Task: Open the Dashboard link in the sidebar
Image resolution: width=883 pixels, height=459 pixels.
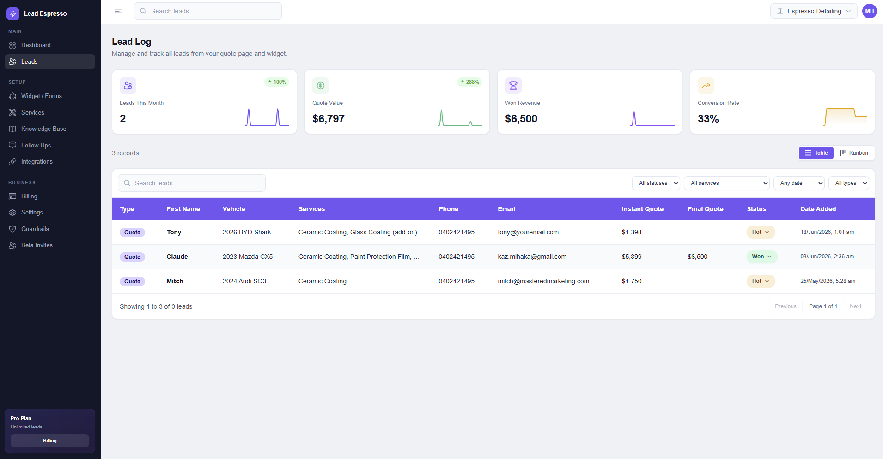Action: pos(36,45)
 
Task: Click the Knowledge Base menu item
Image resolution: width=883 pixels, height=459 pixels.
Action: pos(43,129)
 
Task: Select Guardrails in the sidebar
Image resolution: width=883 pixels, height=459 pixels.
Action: pos(35,229)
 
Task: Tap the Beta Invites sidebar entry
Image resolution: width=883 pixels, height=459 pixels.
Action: pos(37,245)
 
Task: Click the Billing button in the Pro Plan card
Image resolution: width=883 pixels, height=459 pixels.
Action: pos(50,441)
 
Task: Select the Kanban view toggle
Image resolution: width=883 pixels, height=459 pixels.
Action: pos(854,153)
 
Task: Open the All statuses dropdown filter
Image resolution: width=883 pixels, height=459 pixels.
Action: pos(656,183)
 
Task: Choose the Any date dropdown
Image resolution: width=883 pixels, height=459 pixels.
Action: pos(799,183)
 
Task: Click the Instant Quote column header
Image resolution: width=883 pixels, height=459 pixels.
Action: pos(642,209)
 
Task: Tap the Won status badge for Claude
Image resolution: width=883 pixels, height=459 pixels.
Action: pos(761,257)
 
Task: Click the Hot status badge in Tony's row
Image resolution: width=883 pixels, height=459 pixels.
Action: pos(761,232)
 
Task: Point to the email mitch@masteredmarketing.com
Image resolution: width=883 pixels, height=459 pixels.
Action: pos(543,281)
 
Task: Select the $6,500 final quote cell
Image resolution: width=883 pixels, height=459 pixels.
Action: pos(697,257)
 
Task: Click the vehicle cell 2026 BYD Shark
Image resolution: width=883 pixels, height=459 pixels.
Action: pos(247,232)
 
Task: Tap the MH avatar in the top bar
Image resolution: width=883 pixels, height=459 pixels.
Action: pos(869,11)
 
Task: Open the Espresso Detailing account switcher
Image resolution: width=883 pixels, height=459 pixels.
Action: pos(813,11)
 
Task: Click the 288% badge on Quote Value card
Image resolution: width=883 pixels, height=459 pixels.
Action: pos(469,82)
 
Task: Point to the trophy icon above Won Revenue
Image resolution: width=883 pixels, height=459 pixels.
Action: pos(513,86)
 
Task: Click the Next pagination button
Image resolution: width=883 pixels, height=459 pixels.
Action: pos(855,306)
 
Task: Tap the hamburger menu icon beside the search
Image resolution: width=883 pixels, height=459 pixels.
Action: pos(118,11)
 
